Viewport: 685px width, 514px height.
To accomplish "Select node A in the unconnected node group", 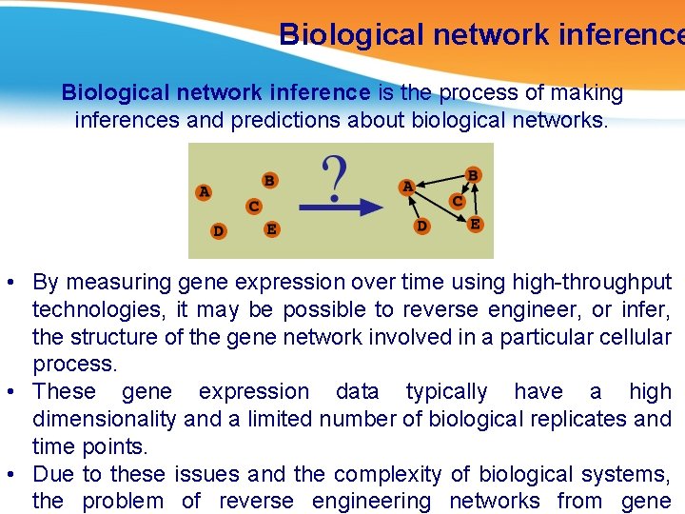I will (204, 191).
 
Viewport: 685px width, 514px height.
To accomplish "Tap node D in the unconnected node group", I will (219, 230).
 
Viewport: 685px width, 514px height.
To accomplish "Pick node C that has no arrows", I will (254, 206).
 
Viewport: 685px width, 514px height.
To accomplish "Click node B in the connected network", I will (473, 175).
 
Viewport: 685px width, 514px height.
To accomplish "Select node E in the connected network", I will (475, 225).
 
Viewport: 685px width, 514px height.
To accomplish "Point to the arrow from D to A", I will (415, 208).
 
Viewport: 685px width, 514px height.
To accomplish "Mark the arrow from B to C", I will (465, 188).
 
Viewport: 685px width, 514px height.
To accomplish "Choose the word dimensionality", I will (105, 419).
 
